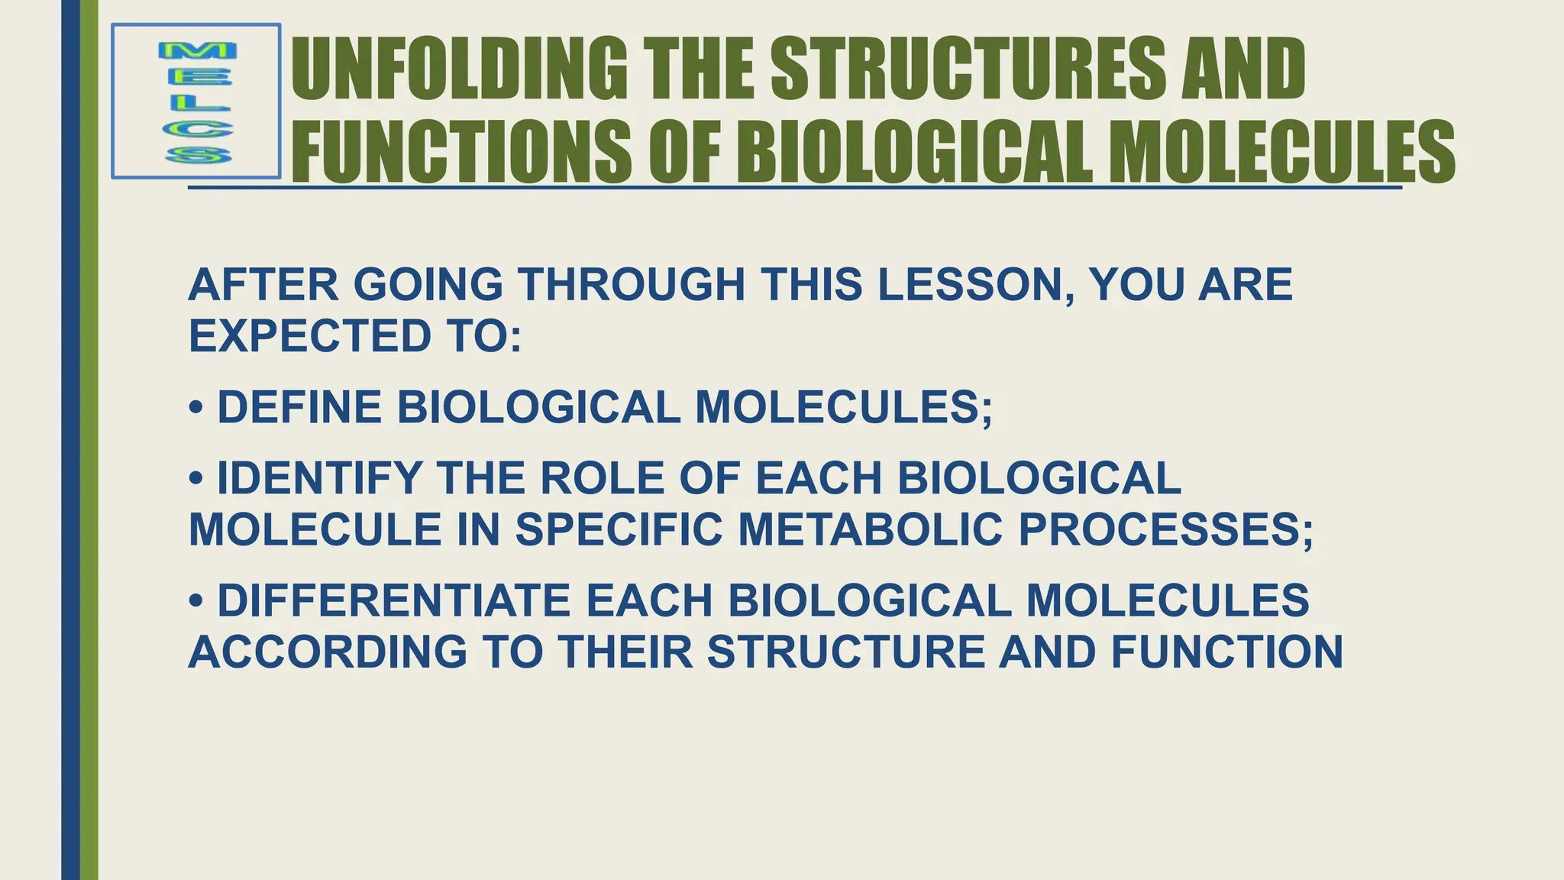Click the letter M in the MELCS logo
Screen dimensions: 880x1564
[197, 52]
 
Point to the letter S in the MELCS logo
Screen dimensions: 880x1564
[198, 156]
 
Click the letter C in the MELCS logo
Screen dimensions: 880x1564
[198, 130]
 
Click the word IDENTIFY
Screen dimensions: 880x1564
[319, 479]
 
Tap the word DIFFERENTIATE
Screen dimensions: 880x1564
[394, 600]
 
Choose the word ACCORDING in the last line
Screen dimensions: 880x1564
[328, 652]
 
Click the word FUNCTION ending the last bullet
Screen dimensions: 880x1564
[1226, 652]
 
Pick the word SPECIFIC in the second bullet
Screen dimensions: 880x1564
[619, 529]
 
